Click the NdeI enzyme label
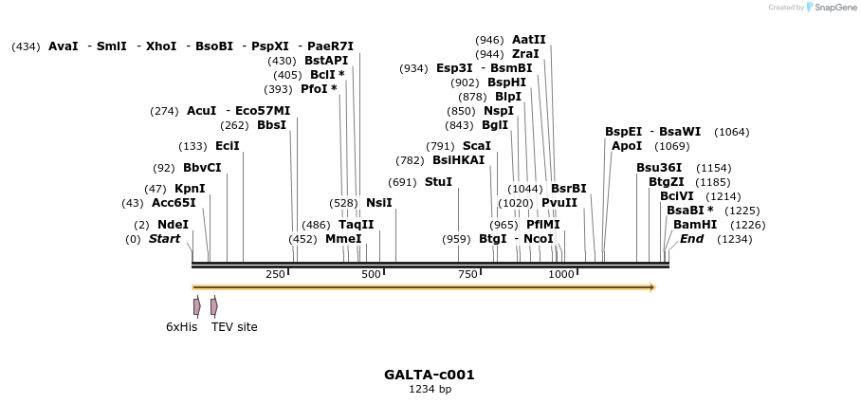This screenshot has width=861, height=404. [173, 225]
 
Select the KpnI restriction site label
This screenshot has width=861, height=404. [190, 189]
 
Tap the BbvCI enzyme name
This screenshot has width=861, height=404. [202, 168]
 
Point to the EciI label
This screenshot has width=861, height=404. [228, 146]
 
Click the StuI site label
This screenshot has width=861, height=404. [438, 182]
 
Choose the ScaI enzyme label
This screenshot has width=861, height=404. [477, 146]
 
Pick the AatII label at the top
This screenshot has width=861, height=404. [529, 40]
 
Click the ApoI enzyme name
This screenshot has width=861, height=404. [627, 146]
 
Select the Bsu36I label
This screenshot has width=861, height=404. [659, 168]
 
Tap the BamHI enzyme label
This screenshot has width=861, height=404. [695, 225]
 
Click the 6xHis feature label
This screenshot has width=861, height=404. [181, 327]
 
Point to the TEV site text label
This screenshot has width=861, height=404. [234, 327]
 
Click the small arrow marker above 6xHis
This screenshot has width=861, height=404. [196, 306]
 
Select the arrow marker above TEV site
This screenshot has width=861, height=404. [214, 306]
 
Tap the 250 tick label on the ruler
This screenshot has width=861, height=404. [275, 274]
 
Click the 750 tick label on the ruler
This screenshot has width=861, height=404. [467, 274]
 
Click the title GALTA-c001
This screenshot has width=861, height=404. [430, 375]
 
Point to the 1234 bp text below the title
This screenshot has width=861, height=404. [430, 389]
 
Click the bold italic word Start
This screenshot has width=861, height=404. [164, 239]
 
